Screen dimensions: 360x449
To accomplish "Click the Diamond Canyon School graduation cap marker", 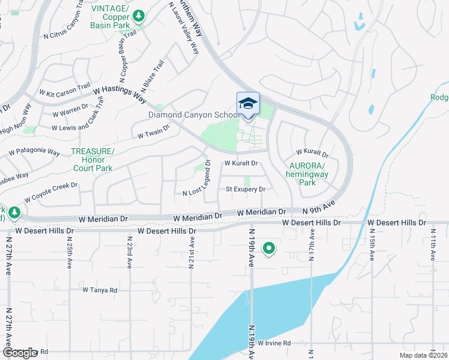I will pos(248,104).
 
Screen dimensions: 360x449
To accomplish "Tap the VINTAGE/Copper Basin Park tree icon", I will pos(139,16).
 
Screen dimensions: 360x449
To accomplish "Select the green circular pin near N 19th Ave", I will pos(270,247).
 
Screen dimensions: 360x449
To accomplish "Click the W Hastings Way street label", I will pos(120,92).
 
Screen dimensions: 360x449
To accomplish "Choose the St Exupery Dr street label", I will pos(246,190).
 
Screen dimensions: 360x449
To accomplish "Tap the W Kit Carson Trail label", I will pos(64,90).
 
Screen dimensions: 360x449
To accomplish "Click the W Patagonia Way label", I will pos(35,152).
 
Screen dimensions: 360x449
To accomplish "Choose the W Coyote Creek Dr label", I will pos(52,193).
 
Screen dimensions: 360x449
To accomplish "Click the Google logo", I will pos(20,352).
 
